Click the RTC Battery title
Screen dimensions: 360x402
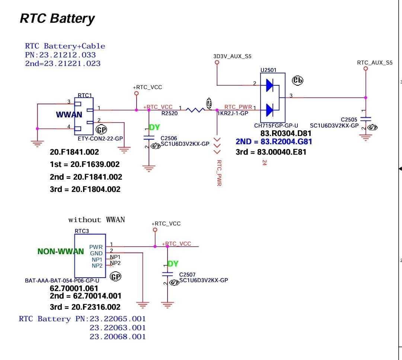[x=57, y=18]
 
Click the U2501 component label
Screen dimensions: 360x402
[x=268, y=70]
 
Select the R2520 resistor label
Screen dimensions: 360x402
[x=169, y=113]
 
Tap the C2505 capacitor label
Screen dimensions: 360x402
[x=349, y=120]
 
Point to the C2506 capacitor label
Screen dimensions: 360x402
[x=169, y=138]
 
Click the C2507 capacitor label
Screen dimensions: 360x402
[x=187, y=275]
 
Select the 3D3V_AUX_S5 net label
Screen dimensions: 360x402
[x=232, y=56]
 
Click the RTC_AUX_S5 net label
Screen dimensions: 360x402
[x=374, y=63]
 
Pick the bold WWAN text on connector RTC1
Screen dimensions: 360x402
[x=69, y=115]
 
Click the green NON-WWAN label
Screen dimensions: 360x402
[x=61, y=251]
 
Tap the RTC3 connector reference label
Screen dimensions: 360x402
[x=82, y=231]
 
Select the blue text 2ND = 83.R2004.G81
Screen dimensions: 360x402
[x=274, y=142]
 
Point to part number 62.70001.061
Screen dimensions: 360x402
[x=74, y=288]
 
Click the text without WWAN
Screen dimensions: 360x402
[x=96, y=220]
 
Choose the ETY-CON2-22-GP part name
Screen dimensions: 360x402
[x=100, y=139]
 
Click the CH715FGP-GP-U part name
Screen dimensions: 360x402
[x=276, y=126]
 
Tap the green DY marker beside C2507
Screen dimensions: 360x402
[x=173, y=264]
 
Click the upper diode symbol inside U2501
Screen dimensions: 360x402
[x=270, y=86]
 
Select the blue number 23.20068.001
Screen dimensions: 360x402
[x=118, y=337]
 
